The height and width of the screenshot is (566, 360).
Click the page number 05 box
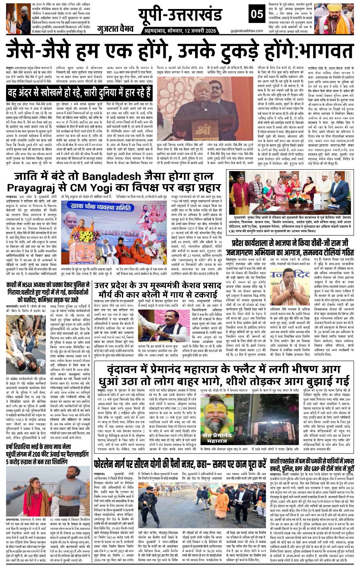coord(257,15)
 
